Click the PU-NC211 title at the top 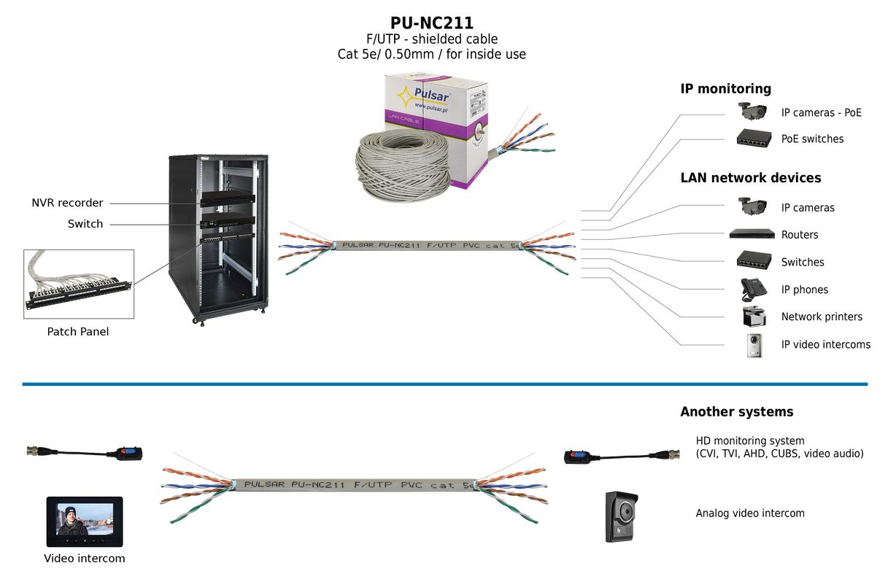click(431, 23)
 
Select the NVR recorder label click(67, 203)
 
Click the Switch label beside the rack click(85, 224)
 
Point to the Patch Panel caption click(78, 332)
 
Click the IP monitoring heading click(725, 89)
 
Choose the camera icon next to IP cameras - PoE click(752, 112)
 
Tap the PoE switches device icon click(752, 138)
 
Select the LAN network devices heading click(750, 178)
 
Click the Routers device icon click(752, 234)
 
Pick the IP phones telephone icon click(753, 290)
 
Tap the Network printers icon click(753, 317)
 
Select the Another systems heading click(736, 412)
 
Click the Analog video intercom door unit click(622, 516)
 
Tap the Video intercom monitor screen click(85, 521)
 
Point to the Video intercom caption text click(85, 559)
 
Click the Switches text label click(803, 263)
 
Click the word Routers click(800, 235)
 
